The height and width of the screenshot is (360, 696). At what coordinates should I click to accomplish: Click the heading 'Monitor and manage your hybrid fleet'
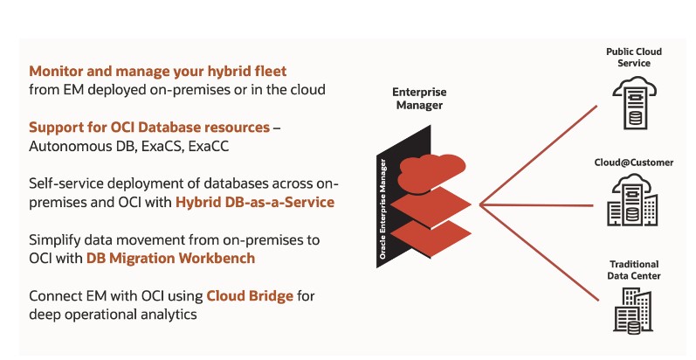click(157, 72)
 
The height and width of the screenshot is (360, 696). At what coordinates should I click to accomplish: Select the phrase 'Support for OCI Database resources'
click(149, 128)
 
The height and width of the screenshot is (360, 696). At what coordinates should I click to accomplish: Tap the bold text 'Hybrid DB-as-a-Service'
click(255, 202)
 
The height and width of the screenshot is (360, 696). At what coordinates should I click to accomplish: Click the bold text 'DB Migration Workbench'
click(170, 258)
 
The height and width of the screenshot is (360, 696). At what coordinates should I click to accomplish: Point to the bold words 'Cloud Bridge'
click(250, 295)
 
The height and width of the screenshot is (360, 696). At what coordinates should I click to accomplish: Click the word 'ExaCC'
click(209, 146)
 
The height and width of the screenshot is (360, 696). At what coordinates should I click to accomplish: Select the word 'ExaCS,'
click(162, 146)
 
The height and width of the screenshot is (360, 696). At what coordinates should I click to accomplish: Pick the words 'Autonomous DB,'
click(83, 146)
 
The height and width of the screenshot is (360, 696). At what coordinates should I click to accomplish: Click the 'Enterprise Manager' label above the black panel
click(419, 99)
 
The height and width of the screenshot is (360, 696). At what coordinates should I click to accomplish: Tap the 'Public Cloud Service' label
click(634, 58)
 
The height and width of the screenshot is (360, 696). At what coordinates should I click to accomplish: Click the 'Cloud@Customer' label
click(634, 163)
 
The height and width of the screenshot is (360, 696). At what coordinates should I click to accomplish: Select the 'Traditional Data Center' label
click(634, 270)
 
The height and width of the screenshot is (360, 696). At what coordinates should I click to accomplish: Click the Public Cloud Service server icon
click(635, 103)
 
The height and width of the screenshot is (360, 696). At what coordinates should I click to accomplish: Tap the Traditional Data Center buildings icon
click(633, 310)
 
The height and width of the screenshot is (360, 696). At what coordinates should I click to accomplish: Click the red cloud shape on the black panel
click(431, 173)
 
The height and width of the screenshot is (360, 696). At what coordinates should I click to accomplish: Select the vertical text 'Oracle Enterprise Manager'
click(382, 209)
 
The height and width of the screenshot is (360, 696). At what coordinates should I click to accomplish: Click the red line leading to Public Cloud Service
click(539, 156)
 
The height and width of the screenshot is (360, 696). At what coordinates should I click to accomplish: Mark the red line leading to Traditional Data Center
click(539, 253)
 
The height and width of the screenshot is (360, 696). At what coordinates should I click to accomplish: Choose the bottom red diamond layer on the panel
click(431, 239)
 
